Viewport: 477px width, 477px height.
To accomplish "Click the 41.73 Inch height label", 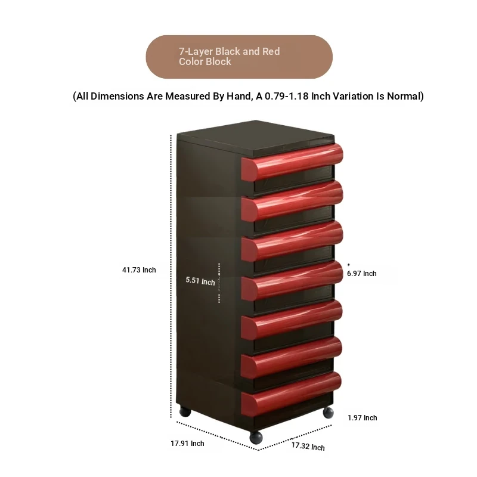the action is click(x=139, y=270).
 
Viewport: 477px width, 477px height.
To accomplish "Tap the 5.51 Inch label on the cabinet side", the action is click(x=200, y=281).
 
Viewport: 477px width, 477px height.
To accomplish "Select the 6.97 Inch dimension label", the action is click(x=362, y=274).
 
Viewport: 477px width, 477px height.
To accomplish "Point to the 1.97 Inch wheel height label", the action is click(x=363, y=418).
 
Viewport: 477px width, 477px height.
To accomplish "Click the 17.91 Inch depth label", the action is click(x=187, y=444).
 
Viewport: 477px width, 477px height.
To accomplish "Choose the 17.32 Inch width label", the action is click(x=308, y=446).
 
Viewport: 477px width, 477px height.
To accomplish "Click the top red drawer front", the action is click(x=292, y=162).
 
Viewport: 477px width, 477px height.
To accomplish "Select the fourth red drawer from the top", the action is click(x=292, y=281).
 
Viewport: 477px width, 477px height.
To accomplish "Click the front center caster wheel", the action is click(x=256, y=437).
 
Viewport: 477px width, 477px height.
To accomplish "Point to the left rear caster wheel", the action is click(x=185, y=411).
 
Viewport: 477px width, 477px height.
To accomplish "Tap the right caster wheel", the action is click(x=328, y=413).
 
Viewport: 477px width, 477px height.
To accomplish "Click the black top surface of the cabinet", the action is click(x=256, y=138).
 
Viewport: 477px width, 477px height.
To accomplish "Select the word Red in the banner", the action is click(x=271, y=51).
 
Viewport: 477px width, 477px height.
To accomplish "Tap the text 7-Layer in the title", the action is click(x=196, y=52).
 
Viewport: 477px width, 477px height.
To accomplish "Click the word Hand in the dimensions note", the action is click(x=239, y=96).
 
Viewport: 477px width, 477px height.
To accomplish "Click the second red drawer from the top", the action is click(x=292, y=201).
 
